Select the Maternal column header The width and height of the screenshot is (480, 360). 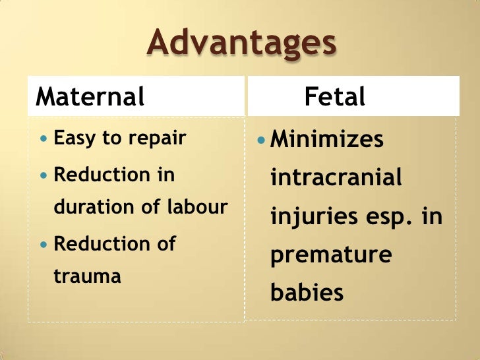click(90, 97)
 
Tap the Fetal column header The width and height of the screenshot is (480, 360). click(334, 97)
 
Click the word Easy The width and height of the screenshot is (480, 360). click(71, 139)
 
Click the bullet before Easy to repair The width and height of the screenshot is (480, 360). click(44, 140)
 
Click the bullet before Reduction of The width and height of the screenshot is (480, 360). click(44, 244)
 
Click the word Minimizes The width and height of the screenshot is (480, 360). click(328, 140)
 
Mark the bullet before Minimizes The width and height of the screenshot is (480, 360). click(261, 140)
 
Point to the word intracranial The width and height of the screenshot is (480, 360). click(336, 178)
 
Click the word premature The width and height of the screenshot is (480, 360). click(331, 255)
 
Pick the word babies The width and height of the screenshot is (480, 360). click(307, 291)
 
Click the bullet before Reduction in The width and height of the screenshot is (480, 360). click(44, 175)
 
